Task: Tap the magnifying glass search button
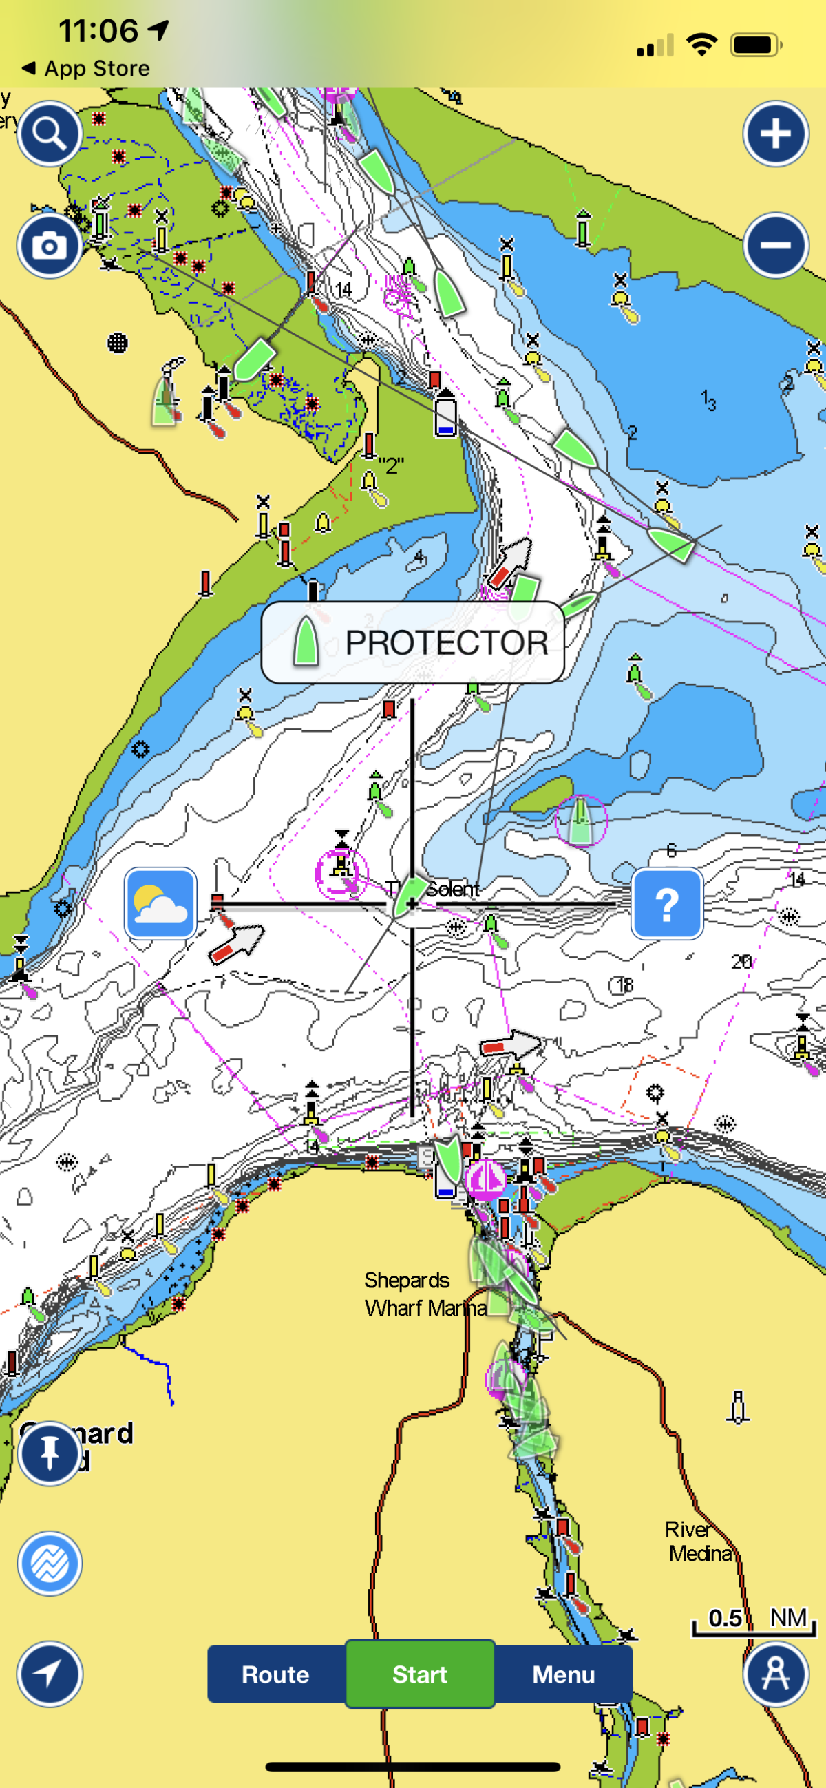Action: click(50, 134)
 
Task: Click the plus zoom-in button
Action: click(775, 134)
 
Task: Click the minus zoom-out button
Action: click(775, 245)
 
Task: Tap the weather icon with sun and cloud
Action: click(160, 903)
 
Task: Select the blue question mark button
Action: click(666, 903)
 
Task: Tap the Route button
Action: click(275, 1674)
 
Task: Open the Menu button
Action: click(563, 1674)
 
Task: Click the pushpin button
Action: click(50, 1452)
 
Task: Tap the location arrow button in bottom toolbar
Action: click(50, 1674)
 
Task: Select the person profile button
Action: click(775, 1674)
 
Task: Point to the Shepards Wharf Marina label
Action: click(425, 1294)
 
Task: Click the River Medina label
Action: click(699, 1541)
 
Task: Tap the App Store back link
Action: click(87, 68)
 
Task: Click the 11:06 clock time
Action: click(98, 30)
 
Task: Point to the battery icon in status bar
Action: click(756, 45)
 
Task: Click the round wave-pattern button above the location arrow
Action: click(50, 1563)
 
